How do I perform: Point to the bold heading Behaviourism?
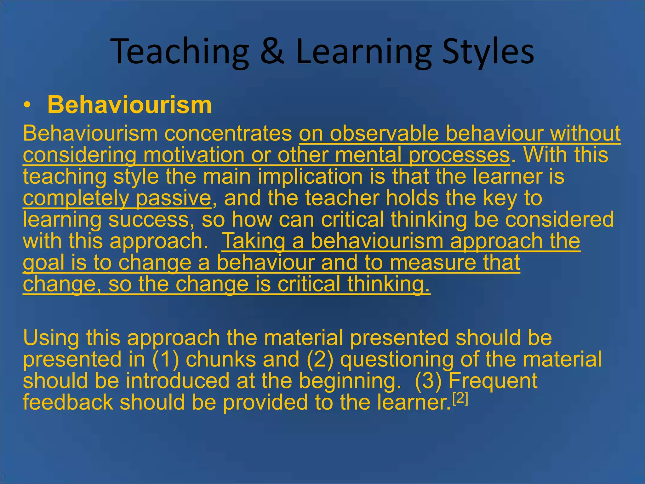129,105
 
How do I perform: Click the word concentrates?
228,134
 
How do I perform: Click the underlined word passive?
174,198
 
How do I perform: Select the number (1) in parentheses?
166,359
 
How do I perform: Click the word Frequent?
493,381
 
